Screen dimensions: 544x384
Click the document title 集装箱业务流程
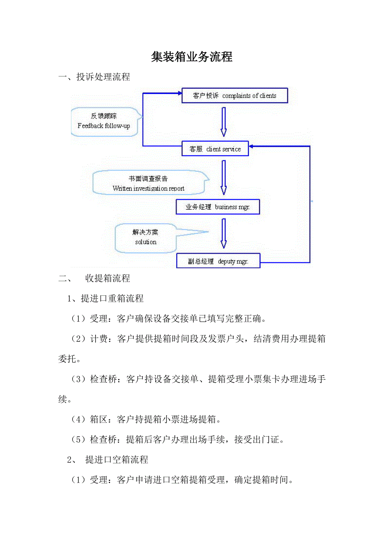pyautogui.click(x=192, y=57)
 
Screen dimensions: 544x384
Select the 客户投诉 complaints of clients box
pyautogui.click(x=235, y=96)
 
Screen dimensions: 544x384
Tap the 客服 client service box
pyautogui.click(x=215, y=149)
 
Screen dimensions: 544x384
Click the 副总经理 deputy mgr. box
pyautogui.click(x=218, y=262)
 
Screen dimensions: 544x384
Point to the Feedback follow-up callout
pyautogui.click(x=104, y=121)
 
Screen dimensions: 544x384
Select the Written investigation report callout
pyautogui.click(x=149, y=183)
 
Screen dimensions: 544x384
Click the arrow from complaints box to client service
pyautogui.click(x=223, y=122)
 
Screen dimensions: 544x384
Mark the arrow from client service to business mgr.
pyautogui.click(x=223, y=178)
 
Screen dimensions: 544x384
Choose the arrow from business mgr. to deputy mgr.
pyautogui.click(x=223, y=233)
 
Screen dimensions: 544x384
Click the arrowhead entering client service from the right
pyautogui.click(x=253, y=146)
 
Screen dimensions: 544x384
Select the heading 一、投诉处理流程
pyautogui.click(x=94, y=77)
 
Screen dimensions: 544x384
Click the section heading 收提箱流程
pyautogui.click(x=108, y=278)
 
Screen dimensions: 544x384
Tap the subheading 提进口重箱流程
pyautogui.click(x=112, y=299)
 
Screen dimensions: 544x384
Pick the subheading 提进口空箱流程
pyautogui.click(x=116, y=460)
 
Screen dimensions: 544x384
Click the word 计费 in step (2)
pyautogui.click(x=99, y=339)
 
